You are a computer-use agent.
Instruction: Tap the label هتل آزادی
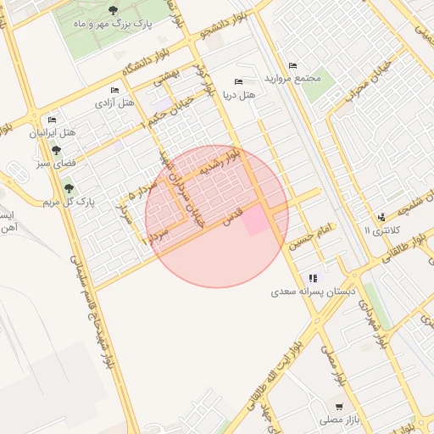tap(116, 103)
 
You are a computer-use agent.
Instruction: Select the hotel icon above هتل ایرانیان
tap(53, 120)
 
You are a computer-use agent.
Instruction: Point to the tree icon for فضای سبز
tap(56, 149)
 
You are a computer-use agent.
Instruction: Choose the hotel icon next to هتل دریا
tap(237, 81)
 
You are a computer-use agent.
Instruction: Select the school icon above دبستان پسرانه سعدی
tap(314, 277)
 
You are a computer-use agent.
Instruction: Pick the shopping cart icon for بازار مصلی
tap(339, 407)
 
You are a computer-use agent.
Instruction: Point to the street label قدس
tap(232, 214)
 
